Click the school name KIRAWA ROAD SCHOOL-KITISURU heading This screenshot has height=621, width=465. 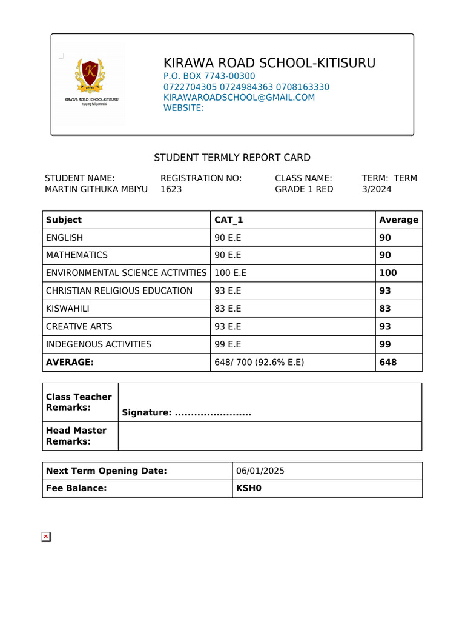click(x=269, y=63)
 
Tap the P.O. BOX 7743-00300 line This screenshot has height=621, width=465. click(x=209, y=76)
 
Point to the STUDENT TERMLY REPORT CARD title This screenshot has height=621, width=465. click(x=232, y=158)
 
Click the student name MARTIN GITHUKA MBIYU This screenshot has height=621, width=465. click(x=96, y=189)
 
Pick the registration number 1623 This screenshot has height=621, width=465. click(x=171, y=189)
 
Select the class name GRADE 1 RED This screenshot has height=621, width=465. click(x=304, y=189)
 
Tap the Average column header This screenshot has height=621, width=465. click(x=398, y=220)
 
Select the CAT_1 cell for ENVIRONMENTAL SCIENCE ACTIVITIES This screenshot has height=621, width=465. click(x=231, y=273)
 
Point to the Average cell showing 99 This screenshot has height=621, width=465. click(x=385, y=344)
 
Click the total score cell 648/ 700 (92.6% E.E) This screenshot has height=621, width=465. click(x=259, y=363)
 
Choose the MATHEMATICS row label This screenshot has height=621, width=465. click(x=77, y=255)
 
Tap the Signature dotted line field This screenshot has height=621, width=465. click(x=213, y=413)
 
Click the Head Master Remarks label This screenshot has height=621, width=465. click(x=76, y=435)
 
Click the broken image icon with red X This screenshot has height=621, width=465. click(x=46, y=537)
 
